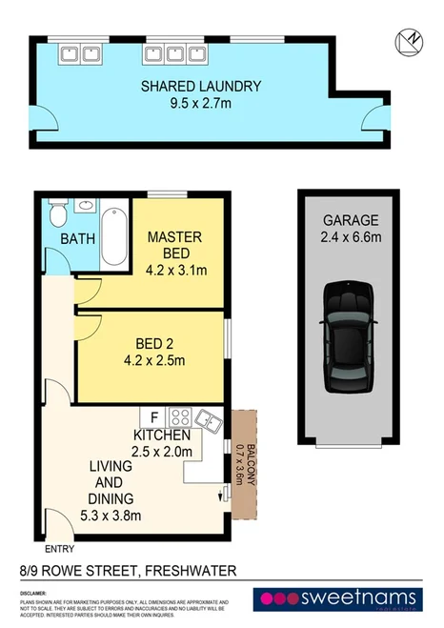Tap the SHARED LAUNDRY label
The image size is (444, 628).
(201, 87)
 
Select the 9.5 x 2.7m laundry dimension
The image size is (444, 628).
(201, 105)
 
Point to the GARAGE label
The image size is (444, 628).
(342, 220)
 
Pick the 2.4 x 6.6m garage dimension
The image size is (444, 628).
(342, 238)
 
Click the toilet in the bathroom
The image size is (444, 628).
(57, 209)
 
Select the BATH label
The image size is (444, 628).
(77, 238)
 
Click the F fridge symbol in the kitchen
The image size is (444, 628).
(153, 416)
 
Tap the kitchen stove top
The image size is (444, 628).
(179, 416)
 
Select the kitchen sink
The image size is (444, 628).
(208, 416)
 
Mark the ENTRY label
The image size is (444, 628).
(59, 550)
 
